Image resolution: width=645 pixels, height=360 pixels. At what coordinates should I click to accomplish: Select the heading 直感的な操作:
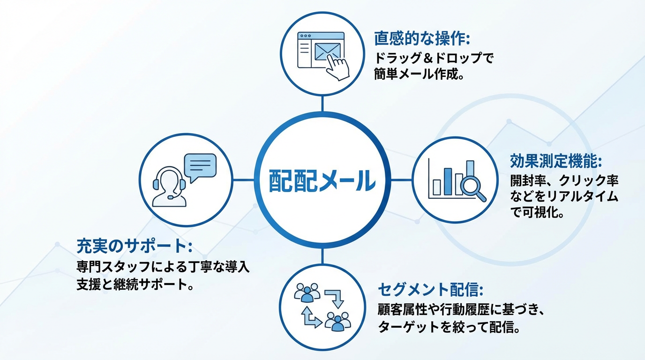[422, 38]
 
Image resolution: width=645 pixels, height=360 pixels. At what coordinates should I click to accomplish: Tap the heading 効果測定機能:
[556, 162]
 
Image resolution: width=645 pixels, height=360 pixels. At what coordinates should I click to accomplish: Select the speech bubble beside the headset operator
[200, 165]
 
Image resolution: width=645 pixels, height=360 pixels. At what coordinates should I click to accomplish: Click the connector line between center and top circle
[322, 102]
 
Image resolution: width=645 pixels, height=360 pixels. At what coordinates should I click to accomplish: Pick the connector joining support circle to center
[244, 180]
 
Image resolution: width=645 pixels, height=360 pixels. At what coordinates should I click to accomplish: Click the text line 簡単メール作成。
[419, 75]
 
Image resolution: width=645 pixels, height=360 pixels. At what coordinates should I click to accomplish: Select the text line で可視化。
[537, 212]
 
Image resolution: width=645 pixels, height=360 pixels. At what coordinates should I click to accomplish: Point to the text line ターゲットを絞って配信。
[449, 327]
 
